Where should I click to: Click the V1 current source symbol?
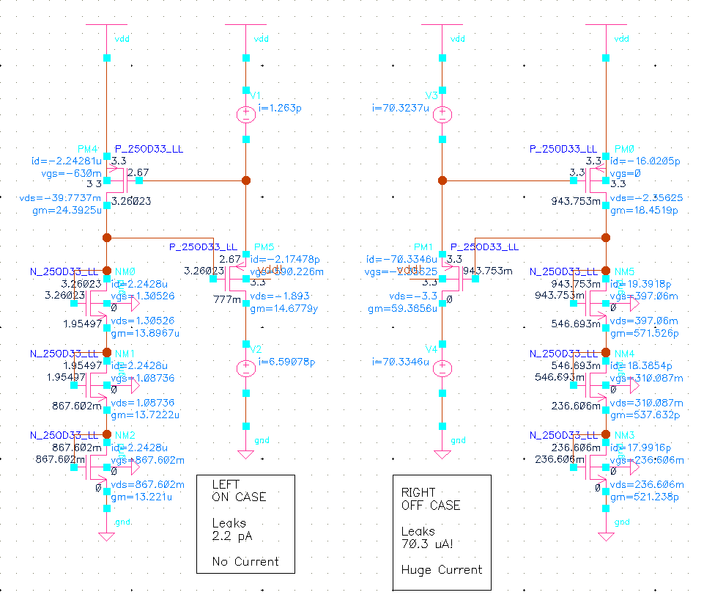[246, 114]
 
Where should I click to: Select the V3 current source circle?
[442, 114]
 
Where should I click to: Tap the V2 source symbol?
[246, 368]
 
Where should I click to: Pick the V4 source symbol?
[442, 368]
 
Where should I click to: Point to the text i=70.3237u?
[401, 108]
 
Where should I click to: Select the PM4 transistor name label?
[87, 149]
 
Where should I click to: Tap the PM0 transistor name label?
[625, 149]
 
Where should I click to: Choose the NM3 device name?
[624, 434]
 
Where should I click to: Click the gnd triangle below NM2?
[107, 536]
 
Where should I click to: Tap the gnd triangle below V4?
[442, 454]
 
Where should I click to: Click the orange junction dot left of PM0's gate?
[442, 180]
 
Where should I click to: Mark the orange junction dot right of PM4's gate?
[246, 180]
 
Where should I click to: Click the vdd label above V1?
[262, 38]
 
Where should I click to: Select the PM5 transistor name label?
[263, 247]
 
